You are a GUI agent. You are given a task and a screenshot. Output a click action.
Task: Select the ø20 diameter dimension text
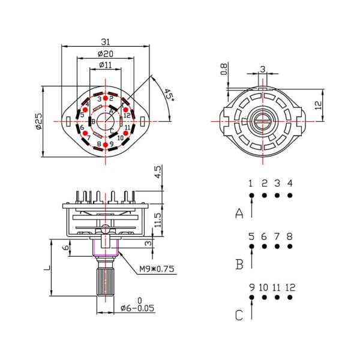pyautogui.click(x=106, y=53)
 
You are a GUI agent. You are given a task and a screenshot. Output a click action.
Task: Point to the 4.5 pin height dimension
pyautogui.click(x=158, y=173)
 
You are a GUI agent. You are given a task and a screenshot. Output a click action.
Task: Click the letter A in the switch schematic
pyautogui.click(x=239, y=213)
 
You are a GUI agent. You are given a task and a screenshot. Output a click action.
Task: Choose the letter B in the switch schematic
pyautogui.click(x=239, y=264)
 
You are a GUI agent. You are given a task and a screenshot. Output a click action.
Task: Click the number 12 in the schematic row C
pyautogui.click(x=290, y=287)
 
